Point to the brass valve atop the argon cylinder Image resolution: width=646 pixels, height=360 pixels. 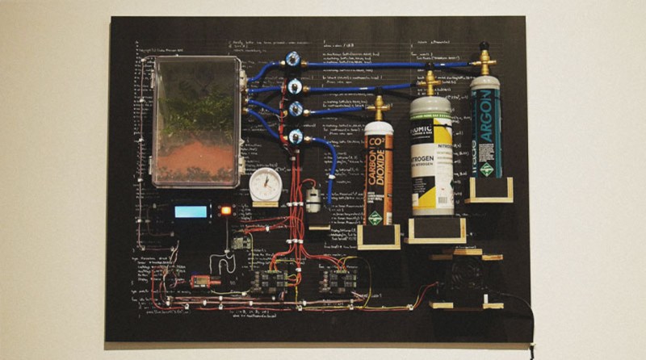pos(484,60)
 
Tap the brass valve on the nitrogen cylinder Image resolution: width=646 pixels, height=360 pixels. pos(430,82)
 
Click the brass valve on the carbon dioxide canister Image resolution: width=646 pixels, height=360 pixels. pos(377,107)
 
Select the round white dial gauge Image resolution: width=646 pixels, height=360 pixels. pos(265,185)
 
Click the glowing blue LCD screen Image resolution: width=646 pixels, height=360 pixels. pos(191,211)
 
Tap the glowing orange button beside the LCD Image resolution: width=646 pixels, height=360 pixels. pos(225,211)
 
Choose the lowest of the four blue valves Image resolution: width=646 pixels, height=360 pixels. pos(295,137)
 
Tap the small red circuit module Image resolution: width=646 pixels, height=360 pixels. pos(199,281)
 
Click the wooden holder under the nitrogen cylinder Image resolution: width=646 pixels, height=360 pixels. pos(434,230)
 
